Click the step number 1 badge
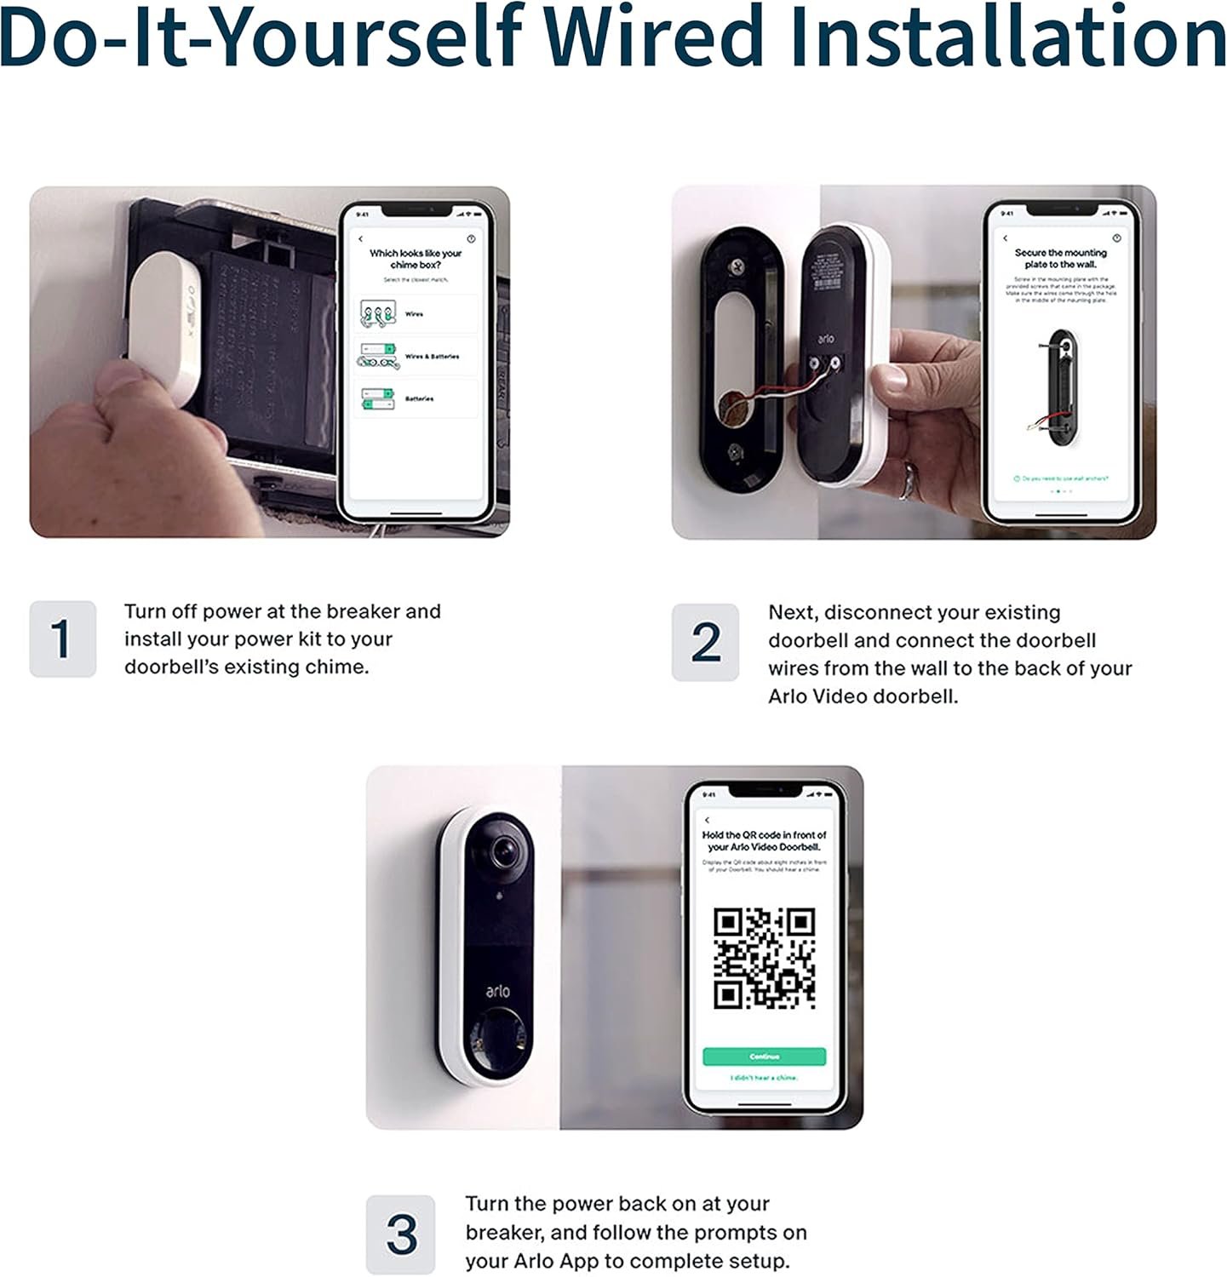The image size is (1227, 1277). pyautogui.click(x=62, y=638)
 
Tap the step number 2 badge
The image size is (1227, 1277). pyautogui.click(x=705, y=642)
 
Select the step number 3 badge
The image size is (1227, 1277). pyautogui.click(x=400, y=1234)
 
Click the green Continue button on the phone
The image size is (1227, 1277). pyautogui.click(x=764, y=1057)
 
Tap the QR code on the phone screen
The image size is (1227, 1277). pyautogui.click(x=764, y=959)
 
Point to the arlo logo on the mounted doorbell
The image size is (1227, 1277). pyautogui.click(x=497, y=991)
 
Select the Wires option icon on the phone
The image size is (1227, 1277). pyautogui.click(x=378, y=313)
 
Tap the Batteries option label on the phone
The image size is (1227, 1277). pyautogui.click(x=419, y=398)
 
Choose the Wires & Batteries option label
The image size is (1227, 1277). pyautogui.click(x=432, y=357)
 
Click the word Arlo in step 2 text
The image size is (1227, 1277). pyautogui.click(x=788, y=696)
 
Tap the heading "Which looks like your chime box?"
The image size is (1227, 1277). pyautogui.click(x=415, y=259)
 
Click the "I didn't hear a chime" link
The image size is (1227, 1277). pyautogui.click(x=764, y=1078)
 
